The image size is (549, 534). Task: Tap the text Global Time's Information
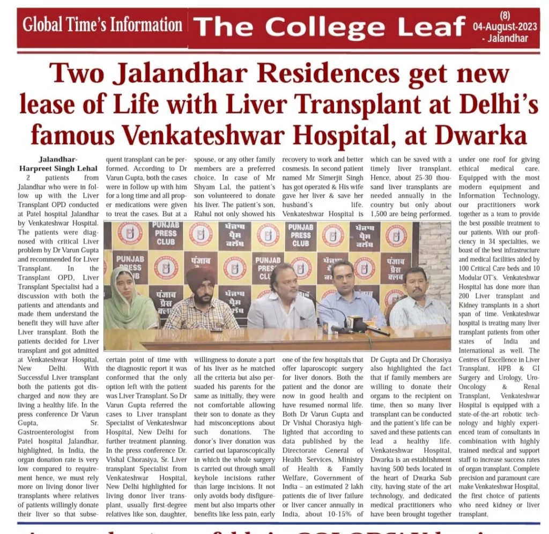102,25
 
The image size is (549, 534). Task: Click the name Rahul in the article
205,214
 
